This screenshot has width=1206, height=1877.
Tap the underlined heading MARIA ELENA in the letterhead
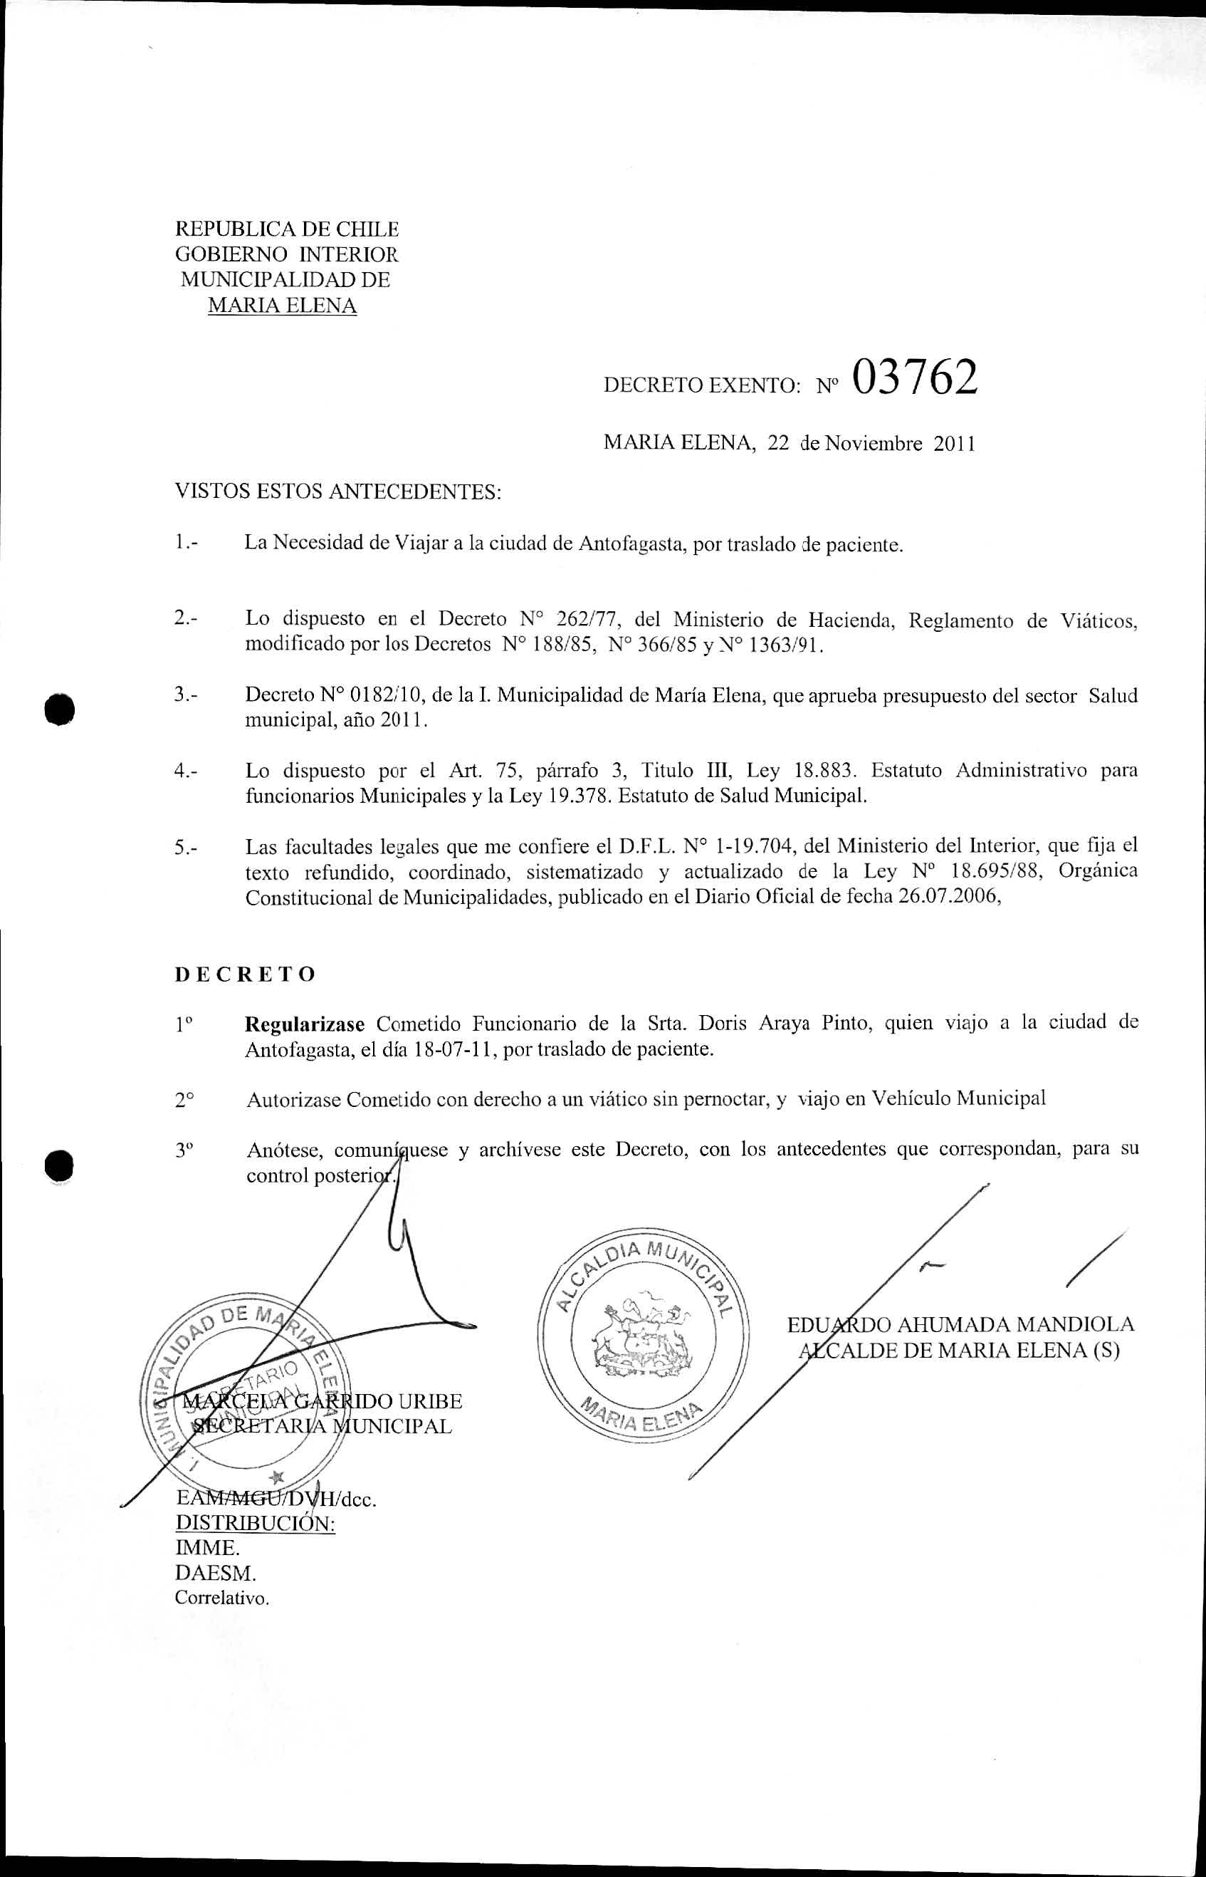pos(282,306)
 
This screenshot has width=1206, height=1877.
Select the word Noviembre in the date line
pos(875,444)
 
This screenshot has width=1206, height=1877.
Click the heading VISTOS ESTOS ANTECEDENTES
pos(337,492)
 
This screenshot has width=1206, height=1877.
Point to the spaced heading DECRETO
pos(245,974)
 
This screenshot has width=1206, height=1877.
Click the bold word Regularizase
pos(305,1024)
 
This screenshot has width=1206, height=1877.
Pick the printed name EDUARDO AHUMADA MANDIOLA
pos(960,1325)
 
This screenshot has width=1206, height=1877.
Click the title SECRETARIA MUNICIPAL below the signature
pos(321,1426)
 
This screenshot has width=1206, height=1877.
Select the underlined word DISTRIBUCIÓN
pos(256,1524)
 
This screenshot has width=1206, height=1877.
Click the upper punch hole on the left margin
pos(60,709)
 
